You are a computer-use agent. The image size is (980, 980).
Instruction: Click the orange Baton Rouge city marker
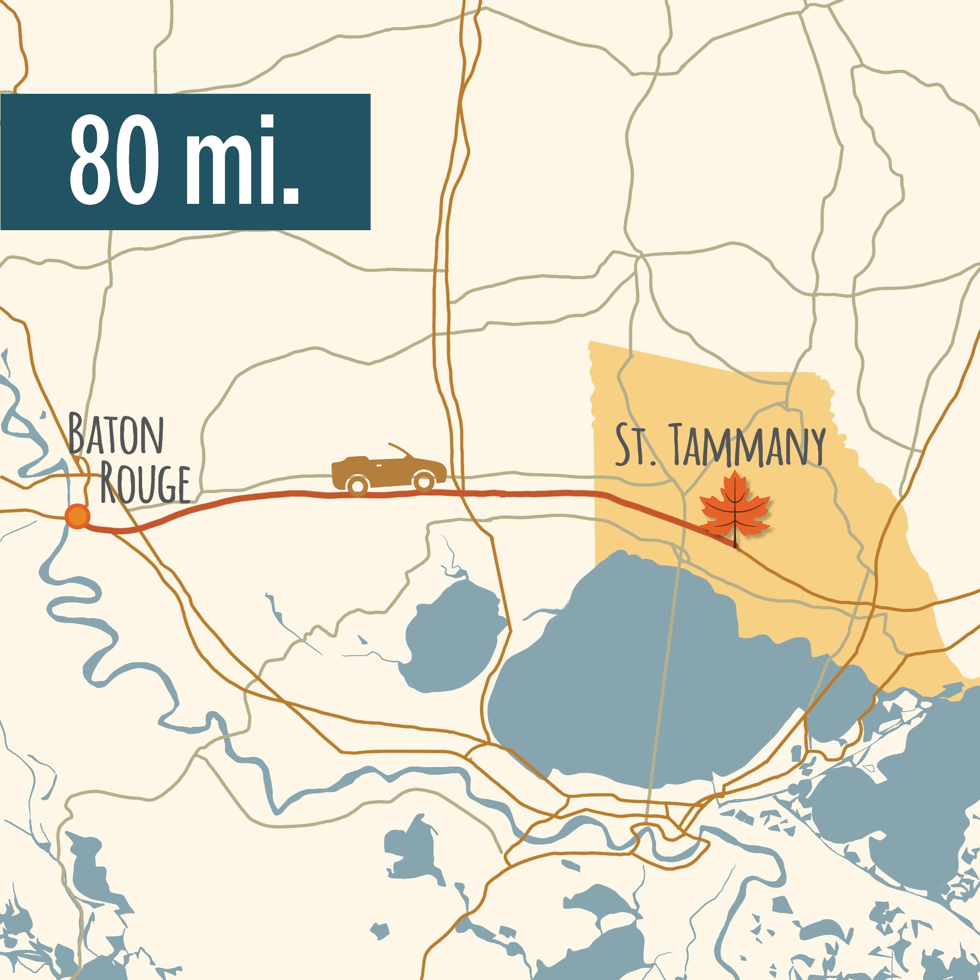(x=77, y=517)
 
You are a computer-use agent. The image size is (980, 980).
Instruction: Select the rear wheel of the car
(x=357, y=486)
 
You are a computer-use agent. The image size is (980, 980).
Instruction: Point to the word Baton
(x=116, y=434)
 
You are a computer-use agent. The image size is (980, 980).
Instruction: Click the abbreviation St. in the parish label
(x=635, y=445)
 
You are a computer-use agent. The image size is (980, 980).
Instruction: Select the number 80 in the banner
(x=115, y=159)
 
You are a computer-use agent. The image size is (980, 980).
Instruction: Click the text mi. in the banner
(x=243, y=159)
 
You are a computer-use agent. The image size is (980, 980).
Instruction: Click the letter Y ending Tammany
(x=816, y=446)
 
